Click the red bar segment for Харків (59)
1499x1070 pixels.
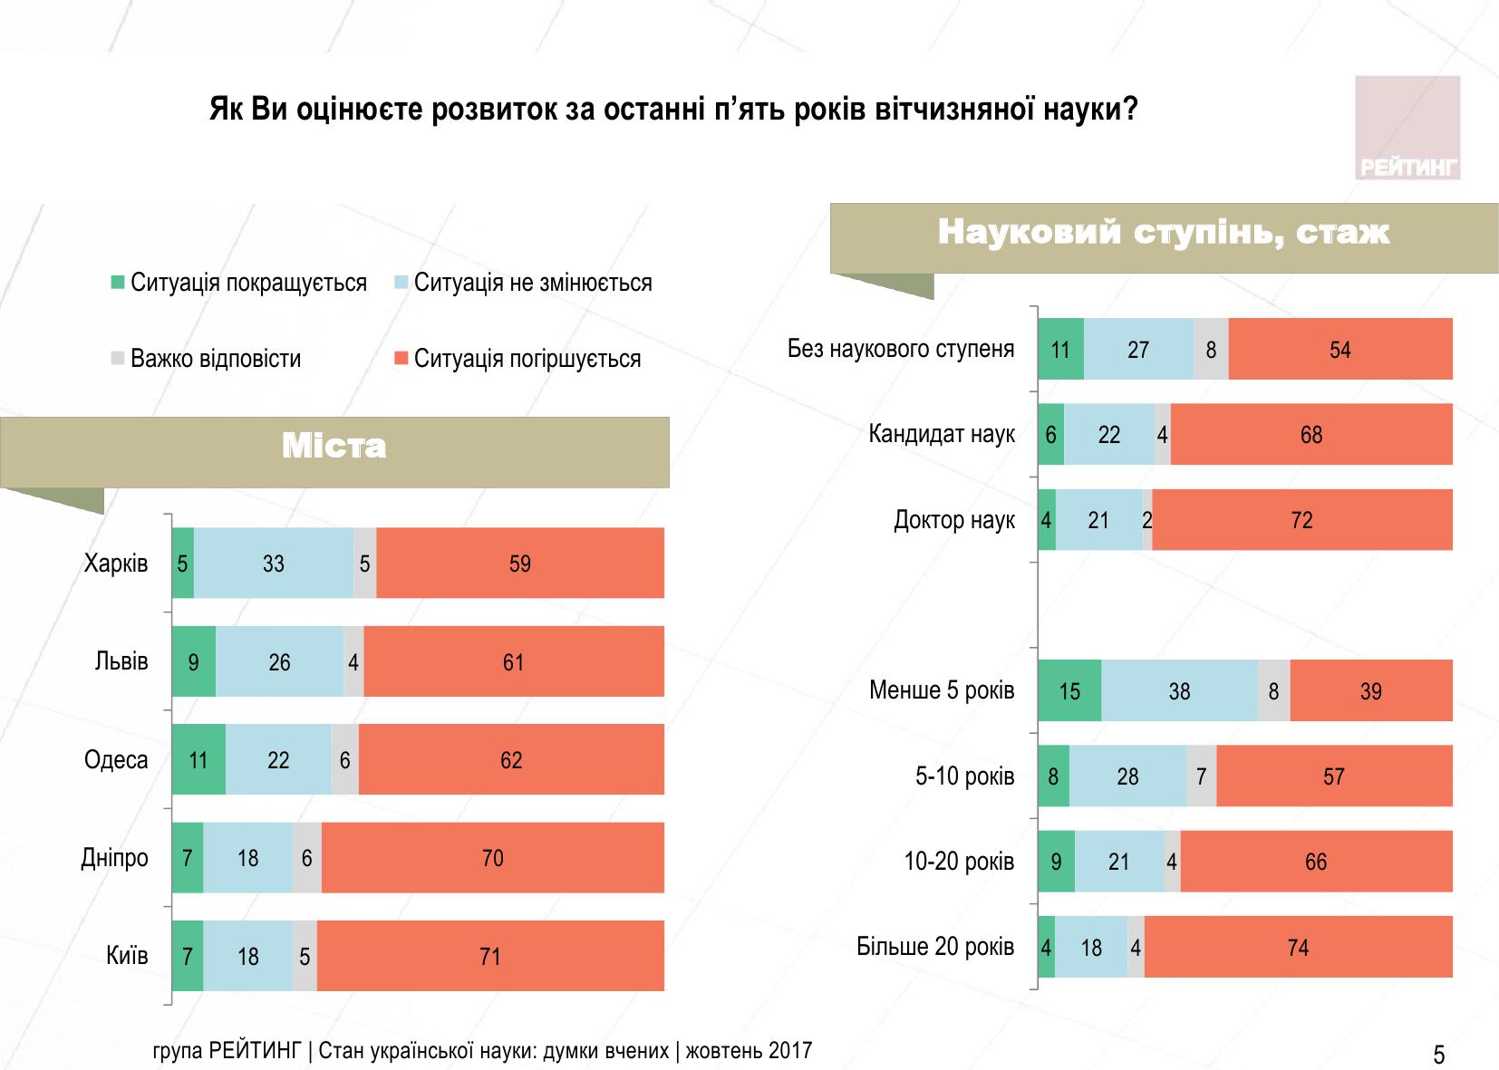click(520, 564)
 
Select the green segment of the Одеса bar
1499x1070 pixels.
click(198, 760)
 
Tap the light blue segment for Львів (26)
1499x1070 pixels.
click(279, 662)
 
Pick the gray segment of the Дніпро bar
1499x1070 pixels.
click(307, 858)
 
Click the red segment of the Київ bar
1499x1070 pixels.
click(490, 957)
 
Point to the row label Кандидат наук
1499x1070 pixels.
click(941, 434)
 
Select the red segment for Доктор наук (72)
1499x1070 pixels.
click(1301, 520)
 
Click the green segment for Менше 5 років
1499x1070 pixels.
click(1069, 691)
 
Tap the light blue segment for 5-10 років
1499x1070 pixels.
click(1127, 776)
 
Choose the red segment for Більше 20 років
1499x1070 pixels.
click(1298, 948)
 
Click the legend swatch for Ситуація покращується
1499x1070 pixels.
click(118, 283)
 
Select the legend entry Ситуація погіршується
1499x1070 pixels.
click(527, 359)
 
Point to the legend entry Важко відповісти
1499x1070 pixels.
click(215, 359)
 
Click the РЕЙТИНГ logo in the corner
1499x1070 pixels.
click(1407, 128)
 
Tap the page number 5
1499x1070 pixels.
click(1438, 1055)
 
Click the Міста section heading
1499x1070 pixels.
click(334, 447)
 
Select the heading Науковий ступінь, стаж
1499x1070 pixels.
click(1163, 233)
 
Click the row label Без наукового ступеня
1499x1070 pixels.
click(900, 349)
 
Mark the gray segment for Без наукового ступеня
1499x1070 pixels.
click(1211, 350)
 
